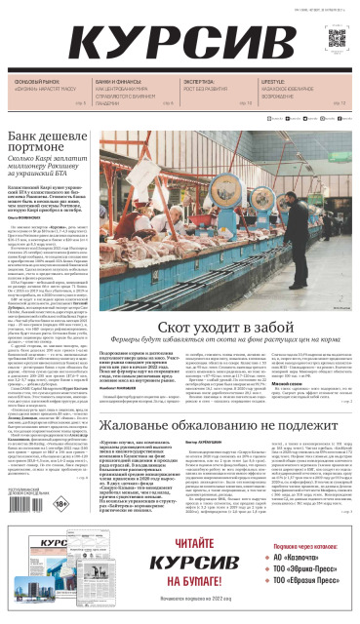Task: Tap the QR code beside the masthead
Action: [x=337, y=38]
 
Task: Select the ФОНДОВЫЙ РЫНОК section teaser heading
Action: [x=40, y=82]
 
